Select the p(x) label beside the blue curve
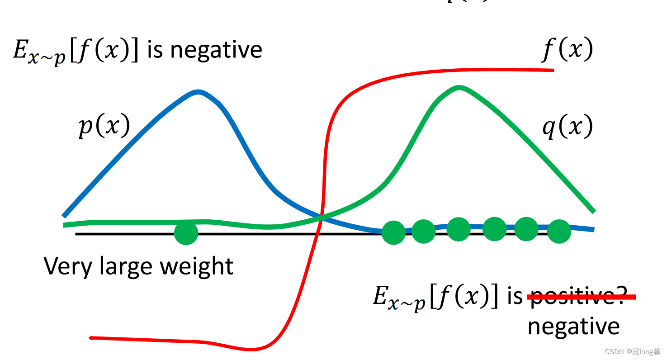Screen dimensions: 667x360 coord(104,125)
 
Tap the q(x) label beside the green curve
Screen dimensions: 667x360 coord(567,127)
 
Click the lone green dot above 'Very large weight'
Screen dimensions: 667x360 coord(186,233)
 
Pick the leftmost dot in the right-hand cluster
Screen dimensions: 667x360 coord(393,232)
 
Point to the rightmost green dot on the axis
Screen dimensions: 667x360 coord(559,231)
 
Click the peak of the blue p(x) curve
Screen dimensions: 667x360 coord(198,92)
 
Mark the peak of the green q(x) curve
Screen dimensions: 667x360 coord(459,87)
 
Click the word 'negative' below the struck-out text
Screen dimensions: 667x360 coord(573,327)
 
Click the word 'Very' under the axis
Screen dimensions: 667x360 coord(66,266)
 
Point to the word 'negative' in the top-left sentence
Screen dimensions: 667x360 coord(216,50)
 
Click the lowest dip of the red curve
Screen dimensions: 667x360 coord(251,349)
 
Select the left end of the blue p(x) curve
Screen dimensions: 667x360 coord(64,216)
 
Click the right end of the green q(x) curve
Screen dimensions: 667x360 coord(594,211)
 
